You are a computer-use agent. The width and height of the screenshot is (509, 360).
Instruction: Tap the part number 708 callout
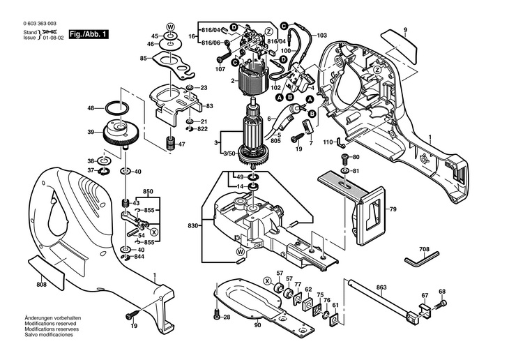click(424, 248)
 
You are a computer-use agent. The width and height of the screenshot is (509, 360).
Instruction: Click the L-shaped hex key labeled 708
click(419, 260)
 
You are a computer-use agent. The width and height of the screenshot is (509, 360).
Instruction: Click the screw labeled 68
click(441, 304)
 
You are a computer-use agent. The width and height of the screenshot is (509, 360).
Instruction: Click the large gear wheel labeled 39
click(116, 133)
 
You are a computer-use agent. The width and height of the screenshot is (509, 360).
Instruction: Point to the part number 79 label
click(392, 209)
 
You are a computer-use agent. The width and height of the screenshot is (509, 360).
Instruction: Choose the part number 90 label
click(257, 325)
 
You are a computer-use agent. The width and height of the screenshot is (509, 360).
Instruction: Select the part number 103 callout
click(321, 35)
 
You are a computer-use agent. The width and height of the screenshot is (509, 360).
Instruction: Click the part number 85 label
click(143, 59)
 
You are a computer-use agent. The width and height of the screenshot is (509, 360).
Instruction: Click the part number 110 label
click(327, 142)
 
